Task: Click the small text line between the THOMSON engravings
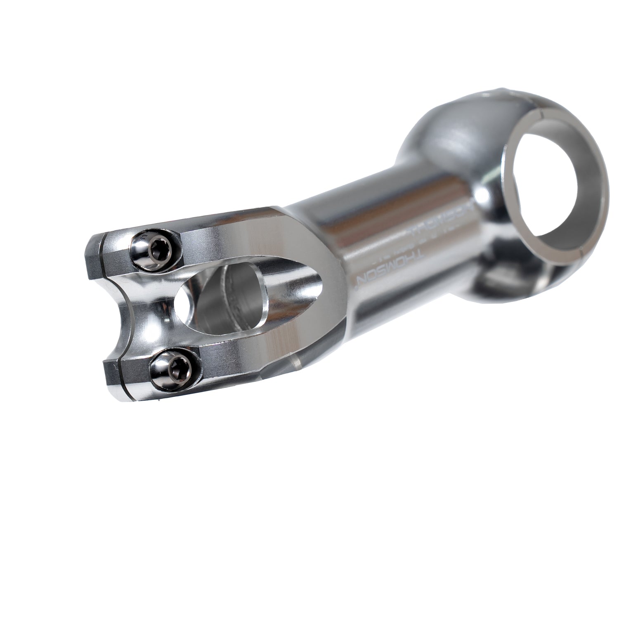(406, 243)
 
